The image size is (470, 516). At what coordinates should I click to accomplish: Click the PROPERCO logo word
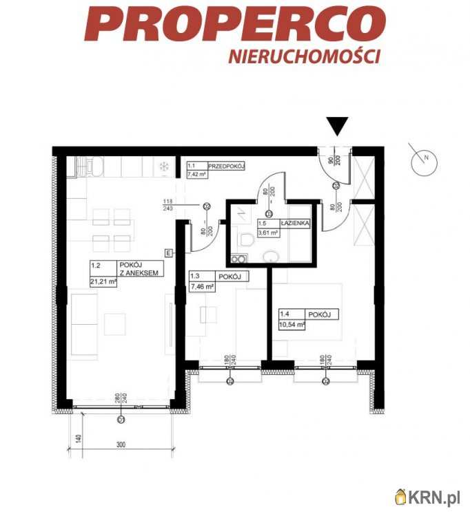234,25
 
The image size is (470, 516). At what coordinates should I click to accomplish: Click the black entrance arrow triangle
337,126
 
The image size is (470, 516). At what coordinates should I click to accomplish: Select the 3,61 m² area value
268,233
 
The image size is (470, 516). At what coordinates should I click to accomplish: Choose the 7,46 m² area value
203,286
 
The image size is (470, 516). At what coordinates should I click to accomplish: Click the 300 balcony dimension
121,445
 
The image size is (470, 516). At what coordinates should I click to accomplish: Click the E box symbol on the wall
170,252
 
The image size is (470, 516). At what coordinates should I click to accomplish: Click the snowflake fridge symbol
164,166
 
